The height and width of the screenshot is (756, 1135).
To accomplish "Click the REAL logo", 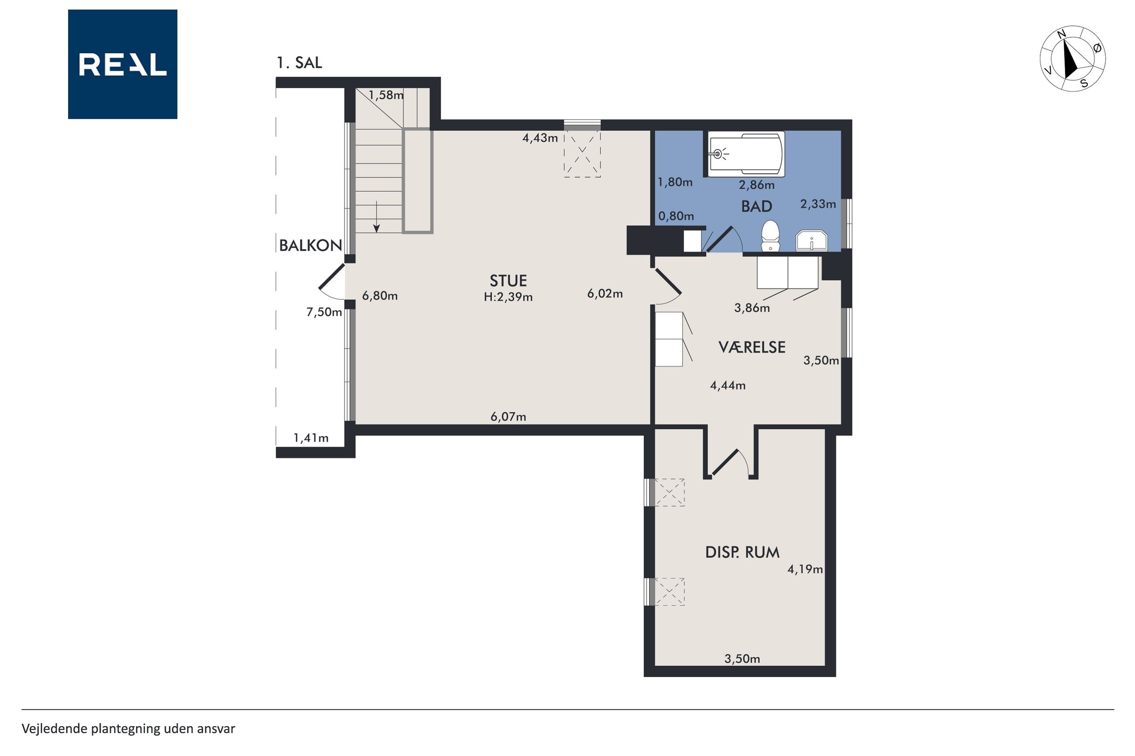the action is pyautogui.click(x=123, y=64).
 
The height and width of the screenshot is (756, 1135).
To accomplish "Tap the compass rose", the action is pyautogui.click(x=1072, y=58).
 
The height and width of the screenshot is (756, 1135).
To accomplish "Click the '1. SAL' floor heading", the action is pyautogui.click(x=299, y=63).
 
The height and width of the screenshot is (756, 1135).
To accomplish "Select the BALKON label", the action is pyautogui.click(x=311, y=246).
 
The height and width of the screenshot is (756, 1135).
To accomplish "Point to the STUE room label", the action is pyautogui.click(x=508, y=281).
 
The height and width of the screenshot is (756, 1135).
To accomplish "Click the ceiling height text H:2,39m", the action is pyautogui.click(x=508, y=297).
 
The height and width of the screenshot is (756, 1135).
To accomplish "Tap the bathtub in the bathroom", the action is pyautogui.click(x=746, y=154).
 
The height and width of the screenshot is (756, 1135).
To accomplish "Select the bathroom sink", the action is pyautogui.click(x=812, y=241).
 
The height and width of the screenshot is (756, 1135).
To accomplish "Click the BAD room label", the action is pyautogui.click(x=757, y=206).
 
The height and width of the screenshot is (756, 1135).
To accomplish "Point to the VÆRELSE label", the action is pyautogui.click(x=752, y=347).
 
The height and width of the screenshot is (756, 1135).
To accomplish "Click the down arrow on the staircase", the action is pyautogui.click(x=377, y=216).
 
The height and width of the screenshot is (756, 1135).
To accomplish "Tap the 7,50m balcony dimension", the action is pyautogui.click(x=324, y=312).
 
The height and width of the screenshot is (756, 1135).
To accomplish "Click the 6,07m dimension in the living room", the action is pyautogui.click(x=509, y=417).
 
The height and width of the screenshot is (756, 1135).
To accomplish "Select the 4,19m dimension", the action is pyautogui.click(x=805, y=569).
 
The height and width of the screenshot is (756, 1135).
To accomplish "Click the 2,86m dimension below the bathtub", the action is pyautogui.click(x=757, y=185).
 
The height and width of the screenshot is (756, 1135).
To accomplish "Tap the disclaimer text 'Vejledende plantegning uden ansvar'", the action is pyautogui.click(x=128, y=729).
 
